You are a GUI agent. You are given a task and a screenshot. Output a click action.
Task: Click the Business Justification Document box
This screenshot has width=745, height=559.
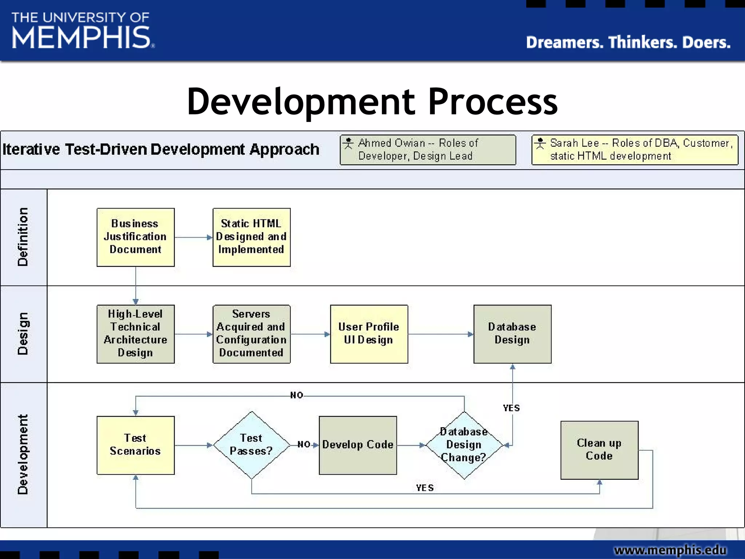135,237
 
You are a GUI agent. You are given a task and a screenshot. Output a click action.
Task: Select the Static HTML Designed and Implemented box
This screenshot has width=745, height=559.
251,237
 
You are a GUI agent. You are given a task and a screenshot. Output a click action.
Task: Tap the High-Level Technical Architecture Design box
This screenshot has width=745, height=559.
135,334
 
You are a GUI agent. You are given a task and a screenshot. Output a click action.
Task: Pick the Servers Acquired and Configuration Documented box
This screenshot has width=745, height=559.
251,334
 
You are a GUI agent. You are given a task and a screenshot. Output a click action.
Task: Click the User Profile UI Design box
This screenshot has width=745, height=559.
369,334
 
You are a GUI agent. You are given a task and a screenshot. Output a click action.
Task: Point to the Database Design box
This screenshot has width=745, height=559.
512,334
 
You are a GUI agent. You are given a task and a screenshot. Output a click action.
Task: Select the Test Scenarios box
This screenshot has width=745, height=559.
135,445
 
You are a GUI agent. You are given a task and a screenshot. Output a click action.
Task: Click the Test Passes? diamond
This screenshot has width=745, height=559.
251,445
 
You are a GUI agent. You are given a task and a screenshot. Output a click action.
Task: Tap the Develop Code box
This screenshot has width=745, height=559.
358,445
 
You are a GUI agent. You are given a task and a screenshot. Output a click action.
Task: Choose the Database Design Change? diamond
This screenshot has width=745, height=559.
464,445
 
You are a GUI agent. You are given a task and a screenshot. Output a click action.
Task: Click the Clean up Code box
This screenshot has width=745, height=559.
599,450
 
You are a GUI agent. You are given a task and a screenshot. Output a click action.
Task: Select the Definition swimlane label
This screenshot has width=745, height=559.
23,237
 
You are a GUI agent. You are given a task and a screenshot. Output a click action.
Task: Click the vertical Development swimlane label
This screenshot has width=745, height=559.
23,455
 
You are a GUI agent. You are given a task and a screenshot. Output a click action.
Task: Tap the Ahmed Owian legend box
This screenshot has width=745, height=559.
428,150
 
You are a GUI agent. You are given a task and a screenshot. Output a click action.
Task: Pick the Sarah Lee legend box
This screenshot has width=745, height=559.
635,150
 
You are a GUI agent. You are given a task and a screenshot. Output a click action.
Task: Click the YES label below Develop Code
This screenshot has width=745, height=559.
425,488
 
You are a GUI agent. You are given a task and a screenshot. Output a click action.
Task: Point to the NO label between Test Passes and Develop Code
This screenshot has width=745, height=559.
304,444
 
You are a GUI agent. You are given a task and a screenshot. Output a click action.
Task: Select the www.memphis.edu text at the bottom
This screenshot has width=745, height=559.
670,550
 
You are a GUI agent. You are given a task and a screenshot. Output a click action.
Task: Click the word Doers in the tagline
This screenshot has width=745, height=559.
706,43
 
